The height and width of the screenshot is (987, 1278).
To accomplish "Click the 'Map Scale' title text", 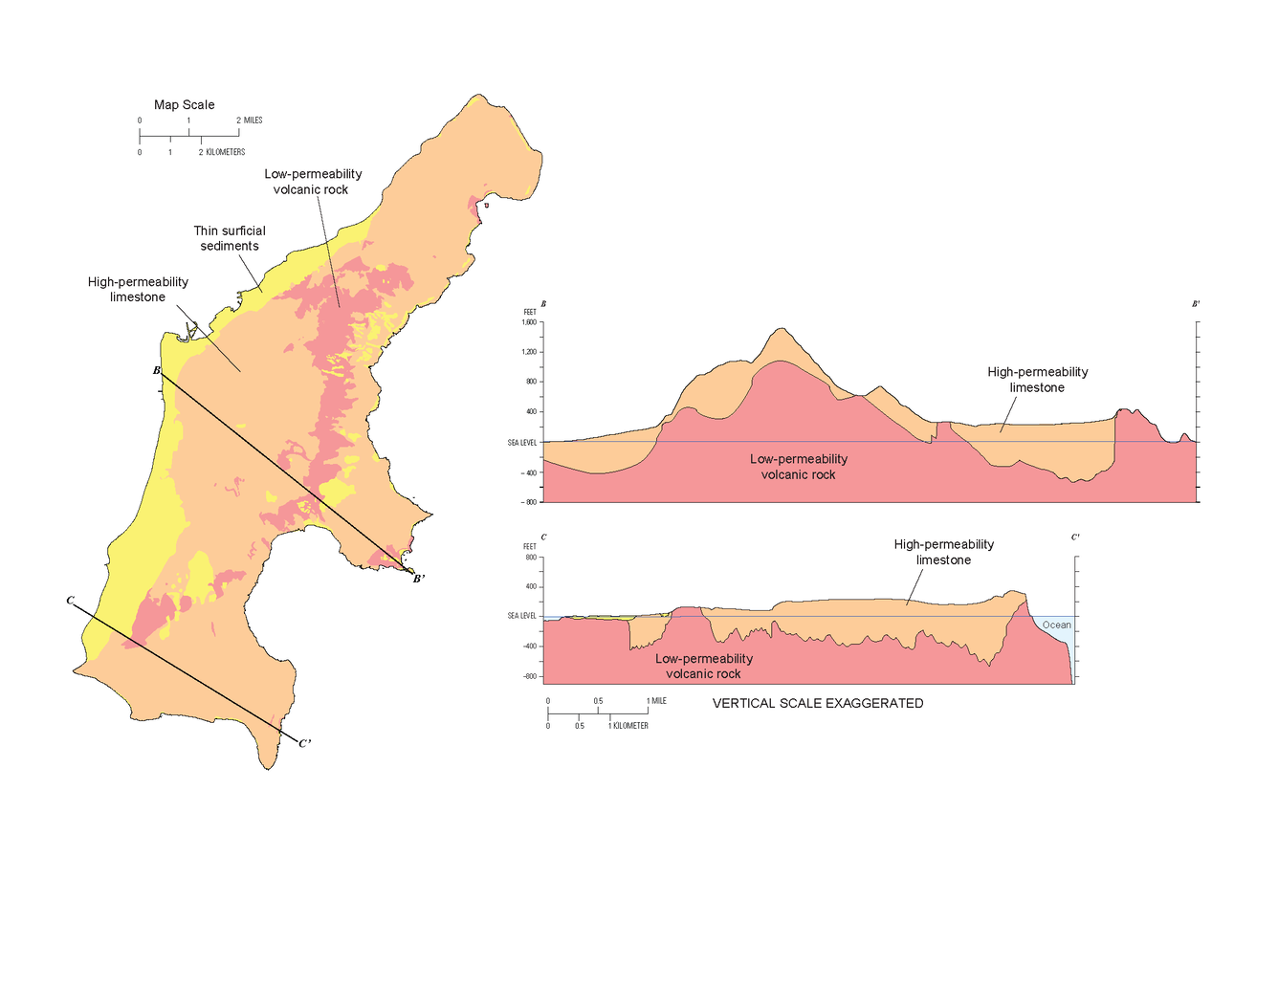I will point(184,105).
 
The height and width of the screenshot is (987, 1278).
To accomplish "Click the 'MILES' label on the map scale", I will point(253,121).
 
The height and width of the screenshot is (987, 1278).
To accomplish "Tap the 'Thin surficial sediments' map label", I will point(230,238).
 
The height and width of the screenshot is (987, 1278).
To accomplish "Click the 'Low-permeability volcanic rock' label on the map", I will point(313,182).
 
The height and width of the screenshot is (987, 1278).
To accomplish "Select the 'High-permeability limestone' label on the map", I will point(138,289).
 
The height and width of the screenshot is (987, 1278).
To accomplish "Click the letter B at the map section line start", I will point(157,370).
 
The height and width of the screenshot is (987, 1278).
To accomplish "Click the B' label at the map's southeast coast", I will point(418,579).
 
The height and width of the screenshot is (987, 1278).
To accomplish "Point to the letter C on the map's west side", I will point(70,601).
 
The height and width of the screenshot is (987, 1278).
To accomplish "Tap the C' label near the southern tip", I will point(304,743).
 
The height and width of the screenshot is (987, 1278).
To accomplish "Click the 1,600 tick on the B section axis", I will point(529,322).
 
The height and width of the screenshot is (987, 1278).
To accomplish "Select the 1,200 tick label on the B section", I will point(529,352).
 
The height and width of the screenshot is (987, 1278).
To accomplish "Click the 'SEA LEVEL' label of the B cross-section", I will point(522,443).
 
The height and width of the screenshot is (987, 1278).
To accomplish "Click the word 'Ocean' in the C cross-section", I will point(1056,625).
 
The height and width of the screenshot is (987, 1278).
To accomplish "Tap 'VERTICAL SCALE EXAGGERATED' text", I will point(818,703).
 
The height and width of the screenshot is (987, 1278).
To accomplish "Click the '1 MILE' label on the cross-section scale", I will point(657,701).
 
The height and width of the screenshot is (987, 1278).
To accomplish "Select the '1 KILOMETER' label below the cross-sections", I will point(628,726).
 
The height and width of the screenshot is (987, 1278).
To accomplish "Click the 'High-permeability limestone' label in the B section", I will point(1037,380).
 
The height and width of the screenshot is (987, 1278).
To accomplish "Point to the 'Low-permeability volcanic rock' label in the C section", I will point(703,666).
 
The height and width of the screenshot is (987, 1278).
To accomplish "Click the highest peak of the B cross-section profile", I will point(782,329).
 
